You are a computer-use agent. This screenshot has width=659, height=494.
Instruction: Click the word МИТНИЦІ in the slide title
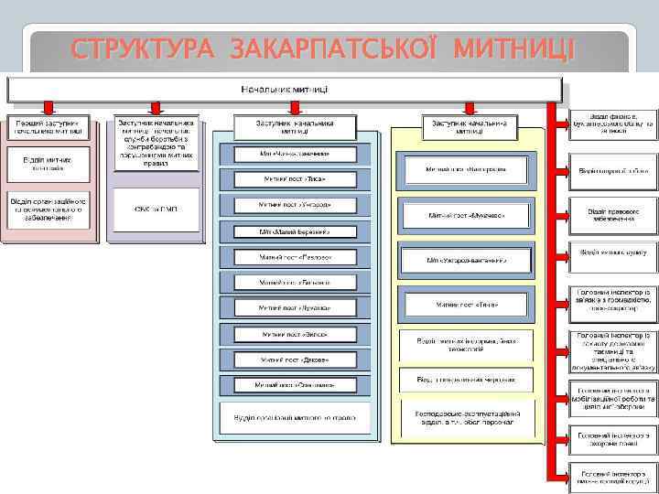click(x=513, y=47)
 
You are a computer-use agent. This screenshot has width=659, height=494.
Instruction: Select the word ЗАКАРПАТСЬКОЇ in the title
click(x=339, y=47)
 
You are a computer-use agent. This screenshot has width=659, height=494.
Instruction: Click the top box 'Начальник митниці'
click(x=285, y=90)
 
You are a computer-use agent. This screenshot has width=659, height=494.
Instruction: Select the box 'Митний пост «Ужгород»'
click(x=295, y=205)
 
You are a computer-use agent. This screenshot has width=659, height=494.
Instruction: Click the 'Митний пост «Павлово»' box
click(x=295, y=257)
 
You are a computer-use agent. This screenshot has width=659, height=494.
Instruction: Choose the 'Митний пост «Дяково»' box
click(x=295, y=360)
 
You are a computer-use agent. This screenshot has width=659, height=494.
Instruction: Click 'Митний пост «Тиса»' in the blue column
click(x=295, y=179)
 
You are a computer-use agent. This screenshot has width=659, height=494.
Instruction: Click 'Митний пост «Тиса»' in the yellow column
click(x=467, y=305)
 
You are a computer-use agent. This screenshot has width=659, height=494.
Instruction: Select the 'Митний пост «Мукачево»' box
click(x=467, y=215)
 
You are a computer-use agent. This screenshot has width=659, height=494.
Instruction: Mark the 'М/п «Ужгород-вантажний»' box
click(x=467, y=261)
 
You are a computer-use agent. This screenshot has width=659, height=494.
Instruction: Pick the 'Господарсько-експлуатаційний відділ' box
click(x=467, y=417)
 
